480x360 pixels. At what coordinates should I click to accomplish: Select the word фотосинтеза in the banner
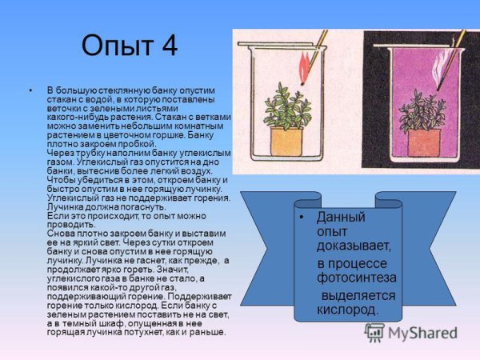356,278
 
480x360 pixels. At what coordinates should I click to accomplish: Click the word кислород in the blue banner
346,309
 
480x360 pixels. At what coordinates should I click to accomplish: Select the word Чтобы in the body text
62,181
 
